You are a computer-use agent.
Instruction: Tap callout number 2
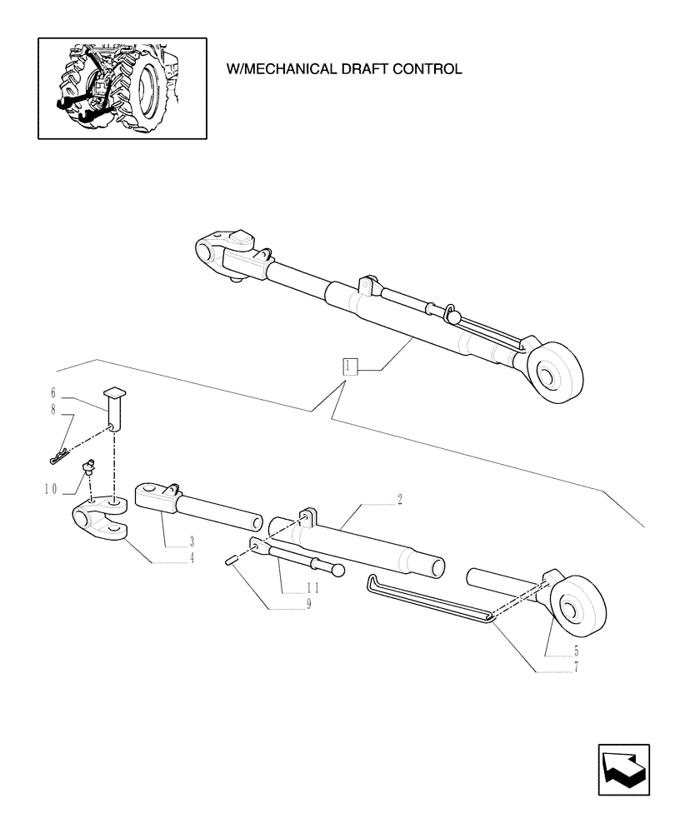400,499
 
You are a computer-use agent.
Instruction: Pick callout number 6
52,392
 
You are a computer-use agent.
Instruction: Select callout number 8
52,408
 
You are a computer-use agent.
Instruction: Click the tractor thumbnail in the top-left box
122,87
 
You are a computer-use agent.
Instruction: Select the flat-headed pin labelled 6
113,408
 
